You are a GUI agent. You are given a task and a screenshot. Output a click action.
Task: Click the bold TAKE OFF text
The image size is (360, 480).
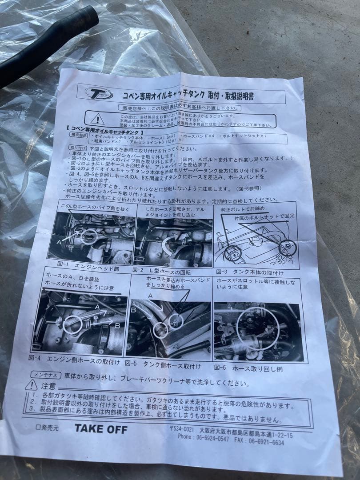pos(100,429)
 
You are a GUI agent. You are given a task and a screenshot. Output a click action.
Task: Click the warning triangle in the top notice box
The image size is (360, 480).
pos(97,118)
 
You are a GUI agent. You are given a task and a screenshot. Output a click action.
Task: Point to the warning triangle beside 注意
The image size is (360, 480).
pos(31,385)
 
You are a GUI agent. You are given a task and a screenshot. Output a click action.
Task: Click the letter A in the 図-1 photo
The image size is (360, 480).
pos(59,243)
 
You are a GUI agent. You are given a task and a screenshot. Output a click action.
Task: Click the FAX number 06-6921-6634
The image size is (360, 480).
pos(266,442)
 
